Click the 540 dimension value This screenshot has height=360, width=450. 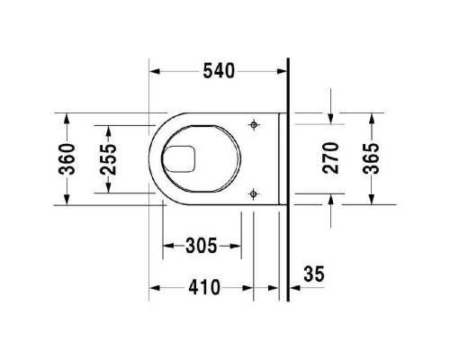[x=219, y=71]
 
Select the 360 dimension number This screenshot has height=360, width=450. [x=67, y=159]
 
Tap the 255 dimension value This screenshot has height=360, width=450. [x=108, y=159]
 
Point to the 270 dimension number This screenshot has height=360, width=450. [x=330, y=157]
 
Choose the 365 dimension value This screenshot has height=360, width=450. [x=372, y=158]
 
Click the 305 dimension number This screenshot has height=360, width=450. [x=201, y=246]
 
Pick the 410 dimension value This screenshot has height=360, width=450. [x=204, y=288]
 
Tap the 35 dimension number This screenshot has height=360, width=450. [x=314, y=274]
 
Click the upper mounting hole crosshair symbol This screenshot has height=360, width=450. [x=254, y=124]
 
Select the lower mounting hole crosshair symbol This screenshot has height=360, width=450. [x=254, y=194]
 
